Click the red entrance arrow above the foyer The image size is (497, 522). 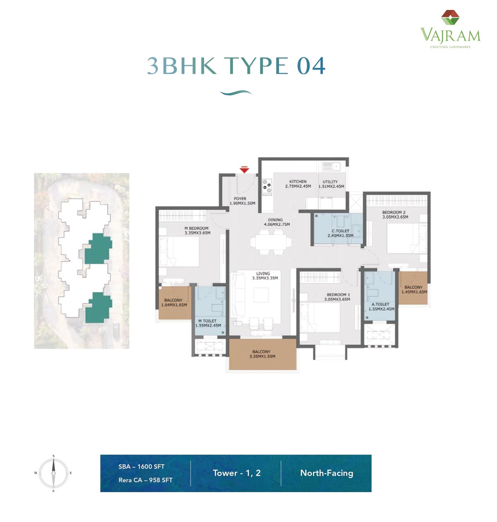244,170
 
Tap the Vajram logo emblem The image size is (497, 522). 450,17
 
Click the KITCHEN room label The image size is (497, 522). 298,182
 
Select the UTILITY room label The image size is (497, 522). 330,182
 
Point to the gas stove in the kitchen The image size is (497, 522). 267,187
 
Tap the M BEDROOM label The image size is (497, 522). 196,228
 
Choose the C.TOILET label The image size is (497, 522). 340,231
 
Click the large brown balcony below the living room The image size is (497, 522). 262,354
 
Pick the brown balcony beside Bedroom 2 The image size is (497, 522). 413,288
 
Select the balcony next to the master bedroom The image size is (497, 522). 175,303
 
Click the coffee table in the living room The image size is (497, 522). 261,295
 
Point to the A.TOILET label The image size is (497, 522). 381,304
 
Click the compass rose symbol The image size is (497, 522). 53,473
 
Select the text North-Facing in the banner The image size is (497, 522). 326,473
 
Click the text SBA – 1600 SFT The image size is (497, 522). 141,466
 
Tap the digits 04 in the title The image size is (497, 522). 311,66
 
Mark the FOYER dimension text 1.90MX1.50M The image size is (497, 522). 242,203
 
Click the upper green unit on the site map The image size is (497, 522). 98,249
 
